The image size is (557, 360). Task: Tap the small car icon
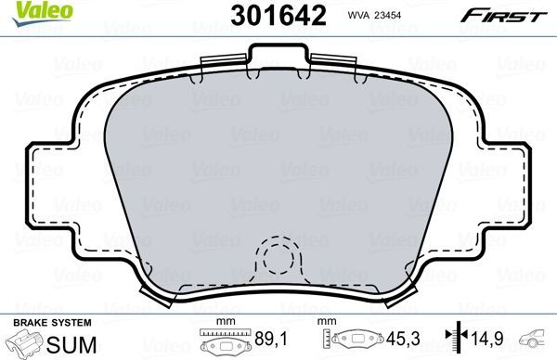pyautogui.click(x=538, y=339)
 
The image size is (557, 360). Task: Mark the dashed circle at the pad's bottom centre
pyautogui.click(x=278, y=261)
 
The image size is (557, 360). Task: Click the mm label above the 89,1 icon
pyautogui.click(x=223, y=322)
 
